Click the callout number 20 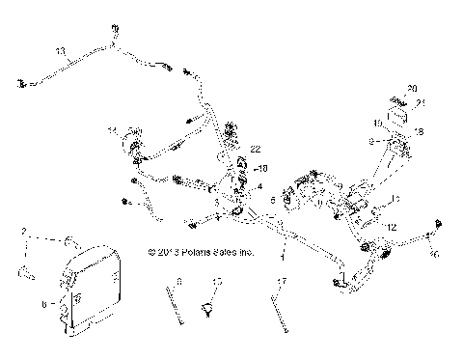click(412, 88)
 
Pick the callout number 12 click(392, 226)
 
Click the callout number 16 click(435, 254)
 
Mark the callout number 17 click(283, 282)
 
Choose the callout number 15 click(217, 281)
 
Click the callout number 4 click(259, 185)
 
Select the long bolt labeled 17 click(280, 314)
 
